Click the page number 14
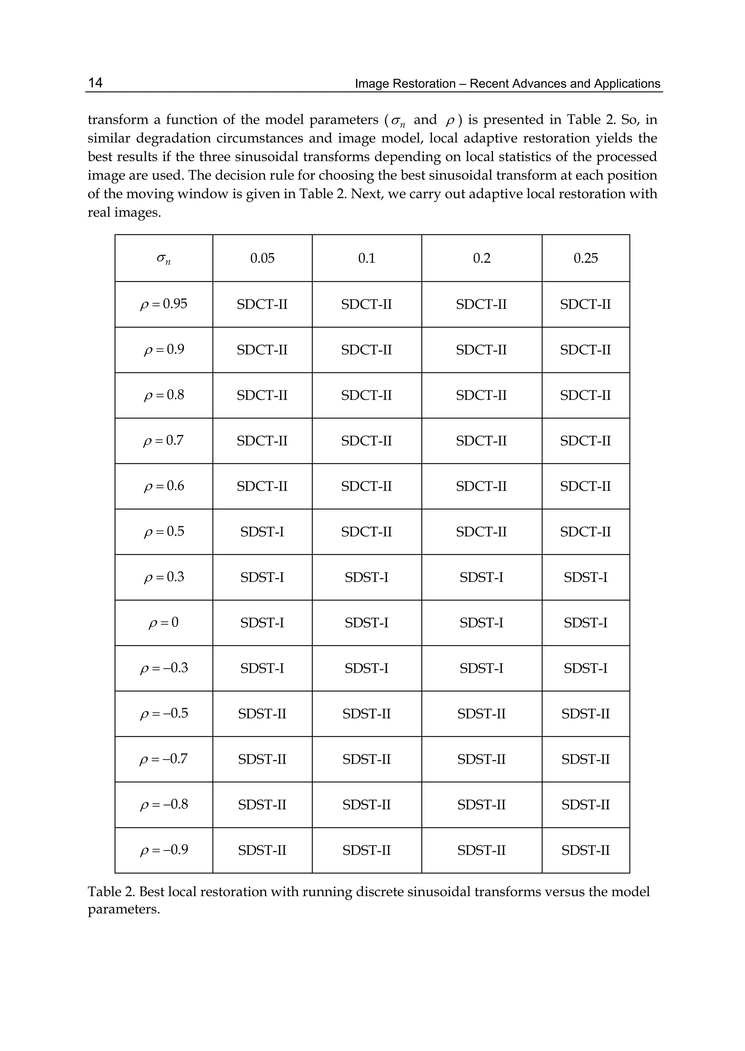95,83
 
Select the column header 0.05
262,258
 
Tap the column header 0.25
585,258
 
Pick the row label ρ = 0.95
163,304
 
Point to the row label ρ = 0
163,622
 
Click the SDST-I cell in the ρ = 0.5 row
262,532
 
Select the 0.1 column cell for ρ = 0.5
367,532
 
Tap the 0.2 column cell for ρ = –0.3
481,668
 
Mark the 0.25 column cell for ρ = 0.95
585,304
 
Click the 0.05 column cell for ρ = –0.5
262,713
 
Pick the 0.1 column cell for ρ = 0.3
367,577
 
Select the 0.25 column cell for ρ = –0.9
585,850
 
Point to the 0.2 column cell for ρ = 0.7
481,441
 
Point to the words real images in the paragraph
124,212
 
